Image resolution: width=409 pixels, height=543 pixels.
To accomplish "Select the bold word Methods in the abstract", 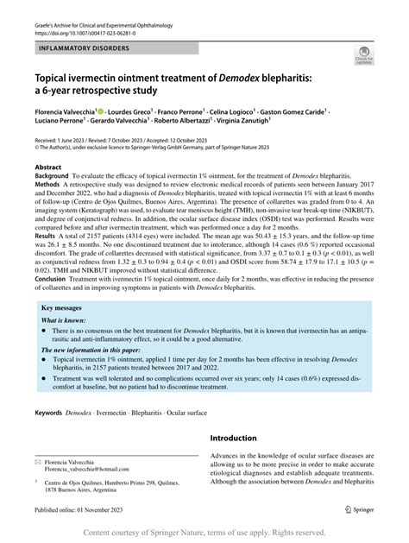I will [48, 184].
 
